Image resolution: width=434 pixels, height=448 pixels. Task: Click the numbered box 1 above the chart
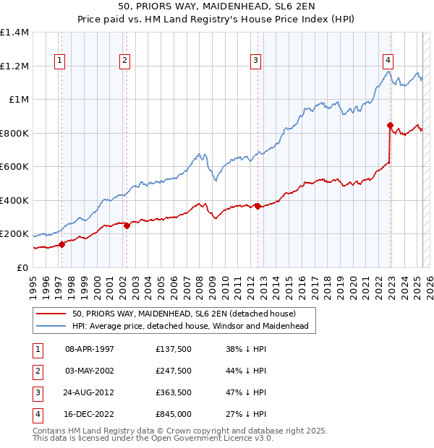(x=58, y=61)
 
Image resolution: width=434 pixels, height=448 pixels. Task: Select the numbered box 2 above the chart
(x=125, y=61)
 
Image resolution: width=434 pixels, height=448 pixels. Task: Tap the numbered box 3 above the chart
(x=256, y=61)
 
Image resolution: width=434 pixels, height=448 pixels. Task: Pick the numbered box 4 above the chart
(x=388, y=61)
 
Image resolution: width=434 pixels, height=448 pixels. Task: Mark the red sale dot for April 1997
(x=62, y=244)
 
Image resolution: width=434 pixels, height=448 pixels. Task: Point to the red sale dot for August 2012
(x=258, y=206)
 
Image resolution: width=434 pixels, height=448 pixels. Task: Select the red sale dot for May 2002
(x=127, y=225)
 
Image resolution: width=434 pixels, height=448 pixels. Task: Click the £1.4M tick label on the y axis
(x=14, y=33)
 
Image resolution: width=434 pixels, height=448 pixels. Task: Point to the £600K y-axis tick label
(x=14, y=167)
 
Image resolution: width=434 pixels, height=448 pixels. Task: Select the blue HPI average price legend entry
(x=190, y=327)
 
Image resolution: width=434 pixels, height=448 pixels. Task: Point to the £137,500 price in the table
(x=174, y=349)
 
